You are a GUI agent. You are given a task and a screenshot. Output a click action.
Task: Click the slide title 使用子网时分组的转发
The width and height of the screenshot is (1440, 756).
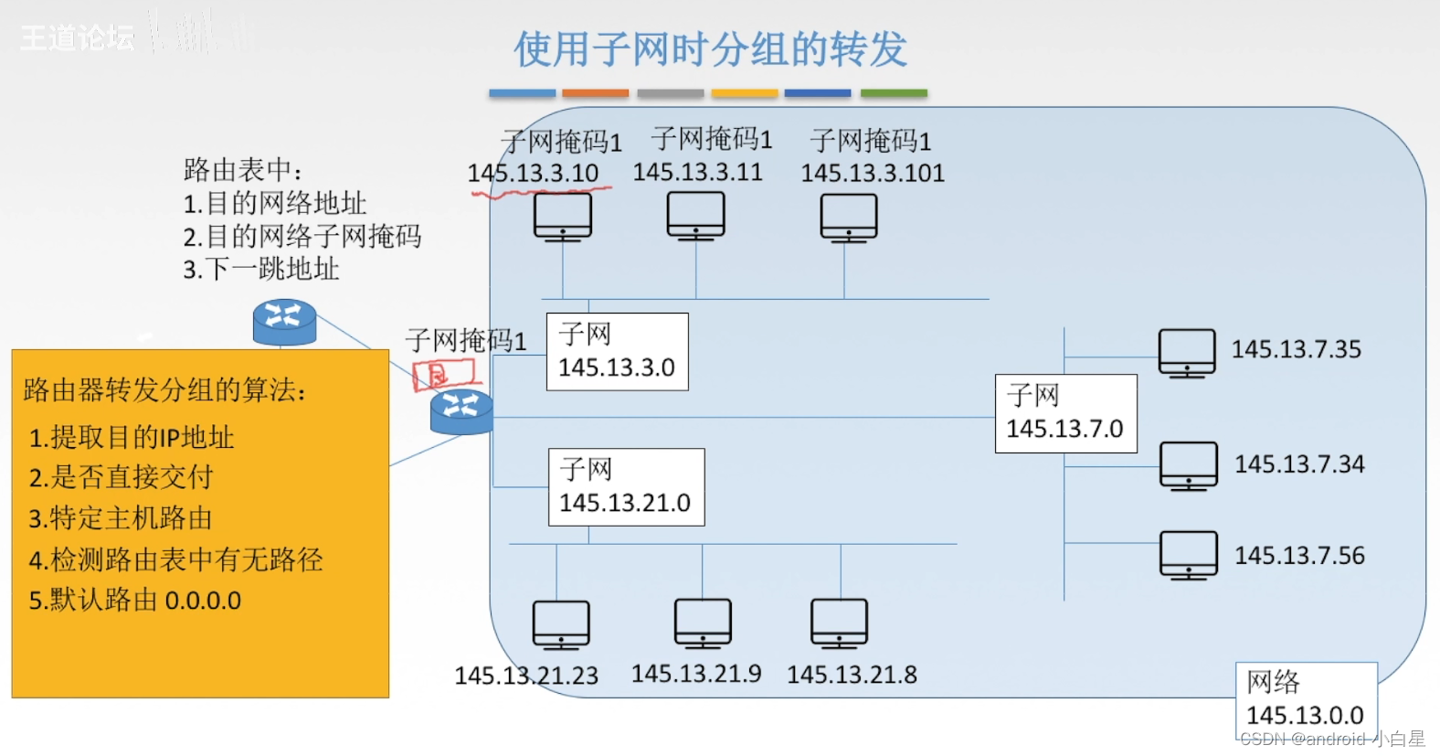(710, 49)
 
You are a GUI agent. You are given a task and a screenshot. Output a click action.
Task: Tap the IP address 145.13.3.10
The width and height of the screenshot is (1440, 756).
(533, 173)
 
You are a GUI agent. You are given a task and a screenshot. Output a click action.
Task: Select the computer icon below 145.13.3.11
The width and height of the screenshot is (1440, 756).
(695, 217)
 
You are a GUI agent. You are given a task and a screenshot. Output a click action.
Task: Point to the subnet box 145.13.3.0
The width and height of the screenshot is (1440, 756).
(617, 352)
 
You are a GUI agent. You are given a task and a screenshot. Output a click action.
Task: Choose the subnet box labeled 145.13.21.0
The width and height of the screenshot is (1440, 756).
(626, 487)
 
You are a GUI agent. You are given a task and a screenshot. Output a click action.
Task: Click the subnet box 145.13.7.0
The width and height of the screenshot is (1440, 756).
(1065, 413)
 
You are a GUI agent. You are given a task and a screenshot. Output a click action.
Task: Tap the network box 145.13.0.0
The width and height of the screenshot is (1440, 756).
(1305, 699)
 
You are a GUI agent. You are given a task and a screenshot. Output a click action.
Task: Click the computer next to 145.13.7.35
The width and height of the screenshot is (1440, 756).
(1186, 353)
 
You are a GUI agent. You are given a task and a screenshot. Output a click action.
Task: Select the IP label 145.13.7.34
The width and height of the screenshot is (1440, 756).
(1298, 464)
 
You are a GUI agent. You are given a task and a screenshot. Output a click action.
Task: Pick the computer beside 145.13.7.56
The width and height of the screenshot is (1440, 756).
(1188, 555)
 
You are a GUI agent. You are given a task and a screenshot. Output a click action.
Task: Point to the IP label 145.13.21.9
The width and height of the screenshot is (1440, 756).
(696, 674)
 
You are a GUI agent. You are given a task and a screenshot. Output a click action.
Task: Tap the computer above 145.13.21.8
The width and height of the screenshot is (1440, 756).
(839, 623)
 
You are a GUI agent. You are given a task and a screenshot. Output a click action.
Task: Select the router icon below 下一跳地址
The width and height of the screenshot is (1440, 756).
(284, 323)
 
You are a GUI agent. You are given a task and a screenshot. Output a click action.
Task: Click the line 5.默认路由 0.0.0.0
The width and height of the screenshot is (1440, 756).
(135, 601)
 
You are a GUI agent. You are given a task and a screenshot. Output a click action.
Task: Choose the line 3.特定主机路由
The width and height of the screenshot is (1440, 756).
(121, 518)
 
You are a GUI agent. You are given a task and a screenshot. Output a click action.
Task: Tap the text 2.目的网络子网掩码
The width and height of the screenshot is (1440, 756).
(302, 237)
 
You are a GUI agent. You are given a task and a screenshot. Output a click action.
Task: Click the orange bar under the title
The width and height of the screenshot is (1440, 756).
(595, 93)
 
